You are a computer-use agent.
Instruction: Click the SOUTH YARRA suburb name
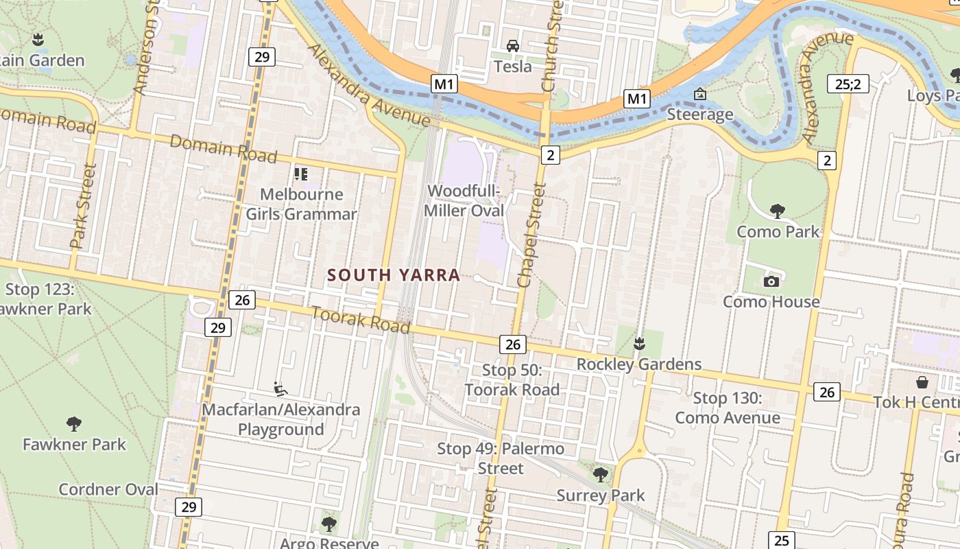point(393,275)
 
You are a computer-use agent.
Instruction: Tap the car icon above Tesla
point(512,46)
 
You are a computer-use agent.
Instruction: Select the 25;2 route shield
point(848,84)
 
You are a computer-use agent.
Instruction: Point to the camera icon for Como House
point(771,281)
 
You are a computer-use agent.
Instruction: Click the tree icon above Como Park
point(777,211)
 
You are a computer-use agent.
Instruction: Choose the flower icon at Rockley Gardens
point(639,342)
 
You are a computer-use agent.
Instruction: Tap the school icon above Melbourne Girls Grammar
point(300,174)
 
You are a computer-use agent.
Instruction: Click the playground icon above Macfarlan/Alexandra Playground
point(280,389)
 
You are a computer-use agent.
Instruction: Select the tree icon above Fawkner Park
point(74,423)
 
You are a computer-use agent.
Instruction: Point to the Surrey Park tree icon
point(601,474)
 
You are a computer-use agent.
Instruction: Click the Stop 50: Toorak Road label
point(512,380)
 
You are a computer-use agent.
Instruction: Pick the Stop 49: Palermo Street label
point(501,458)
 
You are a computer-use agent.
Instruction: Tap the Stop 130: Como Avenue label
point(728,408)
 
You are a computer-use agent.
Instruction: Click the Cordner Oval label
point(108,489)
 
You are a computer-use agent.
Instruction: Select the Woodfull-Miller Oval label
point(464,200)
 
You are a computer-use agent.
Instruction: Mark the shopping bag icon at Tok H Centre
point(922,382)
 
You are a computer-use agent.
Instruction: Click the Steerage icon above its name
point(699,94)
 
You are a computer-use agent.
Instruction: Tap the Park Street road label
point(82,206)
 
